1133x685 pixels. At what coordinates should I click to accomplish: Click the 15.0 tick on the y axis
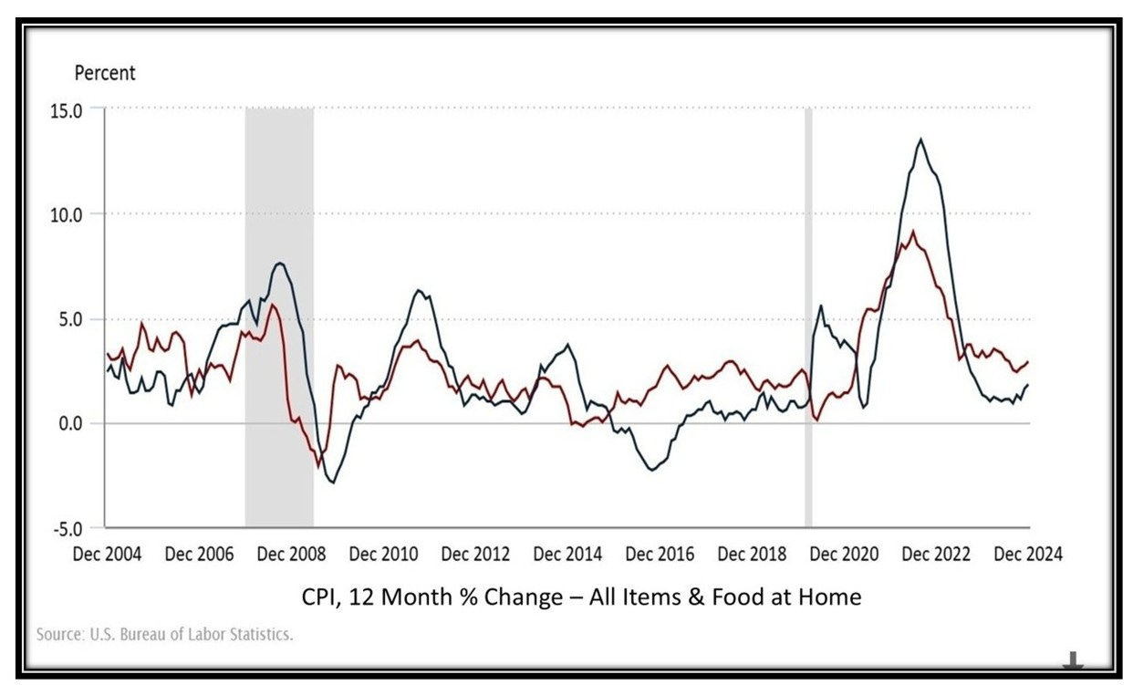point(78,109)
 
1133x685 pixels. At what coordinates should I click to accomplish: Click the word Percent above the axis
point(105,74)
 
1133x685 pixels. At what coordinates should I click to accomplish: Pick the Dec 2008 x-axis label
point(290,554)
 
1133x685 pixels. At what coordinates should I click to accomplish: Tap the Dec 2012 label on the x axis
point(475,554)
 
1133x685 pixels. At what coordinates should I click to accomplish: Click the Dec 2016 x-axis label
point(660,554)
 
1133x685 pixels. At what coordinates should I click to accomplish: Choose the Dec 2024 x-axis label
point(1028,554)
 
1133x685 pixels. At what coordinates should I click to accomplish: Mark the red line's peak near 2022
point(913,231)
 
